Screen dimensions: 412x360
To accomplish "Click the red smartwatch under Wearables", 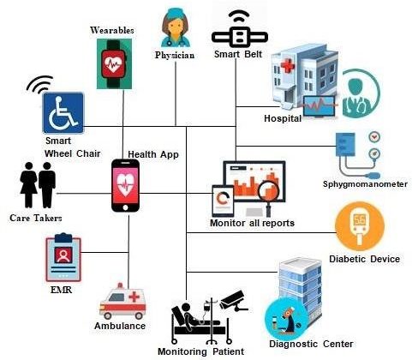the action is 114,64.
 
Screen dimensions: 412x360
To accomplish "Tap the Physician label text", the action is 175,55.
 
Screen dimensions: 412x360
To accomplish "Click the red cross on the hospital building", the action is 288,66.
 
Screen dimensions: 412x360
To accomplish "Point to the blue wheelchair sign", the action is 63,113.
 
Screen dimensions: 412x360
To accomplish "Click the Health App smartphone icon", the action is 125,186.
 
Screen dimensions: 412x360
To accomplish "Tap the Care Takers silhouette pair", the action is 38,185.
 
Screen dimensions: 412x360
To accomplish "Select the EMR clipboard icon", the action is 63,258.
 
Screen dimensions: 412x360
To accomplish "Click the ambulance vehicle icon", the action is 122,302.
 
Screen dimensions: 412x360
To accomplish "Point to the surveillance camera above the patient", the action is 234,301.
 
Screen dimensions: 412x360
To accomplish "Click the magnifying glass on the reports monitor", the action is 268,196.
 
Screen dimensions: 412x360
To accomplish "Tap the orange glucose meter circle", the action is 359,226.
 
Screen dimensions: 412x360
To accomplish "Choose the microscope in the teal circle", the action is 287,319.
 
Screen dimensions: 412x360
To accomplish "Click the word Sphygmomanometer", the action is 365,184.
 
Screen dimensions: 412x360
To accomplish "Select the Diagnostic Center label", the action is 311,344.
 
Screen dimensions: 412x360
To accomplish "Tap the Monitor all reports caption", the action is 252,223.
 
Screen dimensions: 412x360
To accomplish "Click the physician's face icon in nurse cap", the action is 175,27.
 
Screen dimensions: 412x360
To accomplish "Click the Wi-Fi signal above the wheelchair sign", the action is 40,84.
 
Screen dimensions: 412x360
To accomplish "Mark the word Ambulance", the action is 120,326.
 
